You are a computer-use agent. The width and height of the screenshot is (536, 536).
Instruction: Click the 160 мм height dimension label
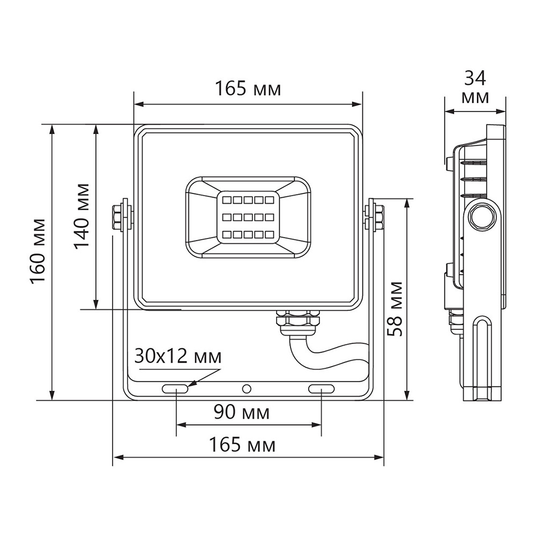[x=38, y=252]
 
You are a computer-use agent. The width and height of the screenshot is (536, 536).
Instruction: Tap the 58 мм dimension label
[x=396, y=308]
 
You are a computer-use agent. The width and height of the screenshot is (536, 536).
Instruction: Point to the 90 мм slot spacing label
[x=242, y=413]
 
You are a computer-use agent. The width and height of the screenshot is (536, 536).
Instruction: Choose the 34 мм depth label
[x=475, y=88]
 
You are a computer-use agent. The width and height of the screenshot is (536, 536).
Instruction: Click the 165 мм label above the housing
[x=248, y=88]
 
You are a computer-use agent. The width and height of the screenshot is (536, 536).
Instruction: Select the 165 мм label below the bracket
[x=242, y=445]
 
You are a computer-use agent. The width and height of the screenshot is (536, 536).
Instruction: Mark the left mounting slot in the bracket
[x=175, y=388]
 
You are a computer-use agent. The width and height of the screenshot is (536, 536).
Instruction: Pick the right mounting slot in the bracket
[x=321, y=388]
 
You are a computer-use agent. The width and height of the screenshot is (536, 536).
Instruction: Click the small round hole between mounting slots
[x=247, y=388]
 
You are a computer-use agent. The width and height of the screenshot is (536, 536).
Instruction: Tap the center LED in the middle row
[x=248, y=217]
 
